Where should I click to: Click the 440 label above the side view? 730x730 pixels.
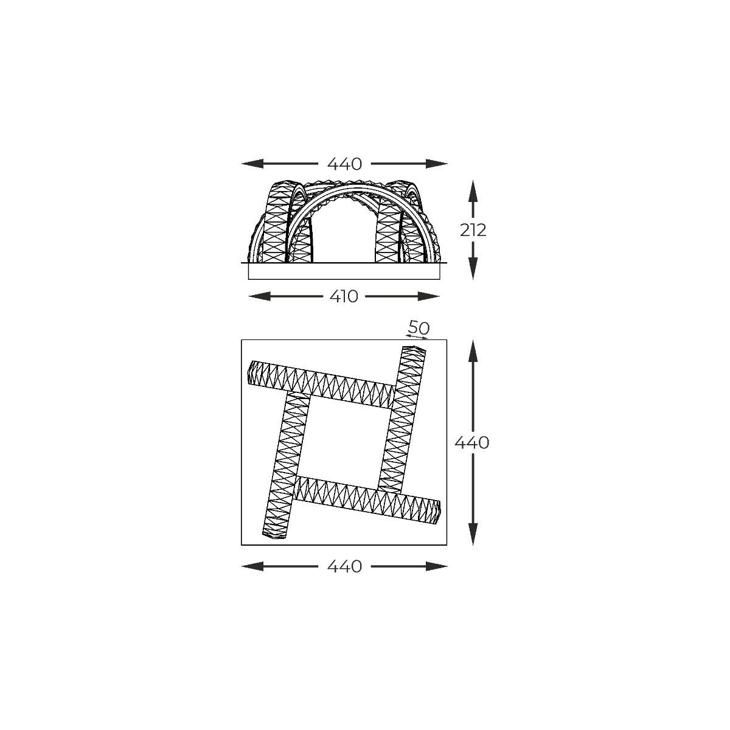click(344, 164)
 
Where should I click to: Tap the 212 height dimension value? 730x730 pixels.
click(473, 231)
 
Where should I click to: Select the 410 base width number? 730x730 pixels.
click(344, 297)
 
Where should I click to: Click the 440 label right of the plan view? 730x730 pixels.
click(471, 442)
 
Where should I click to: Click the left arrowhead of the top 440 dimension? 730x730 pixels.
click(252, 164)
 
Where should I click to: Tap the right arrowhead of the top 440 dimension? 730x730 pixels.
click(436, 164)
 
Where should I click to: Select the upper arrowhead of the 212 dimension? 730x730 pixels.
click(473, 191)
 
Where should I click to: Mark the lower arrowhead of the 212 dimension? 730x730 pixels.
click(473, 269)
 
